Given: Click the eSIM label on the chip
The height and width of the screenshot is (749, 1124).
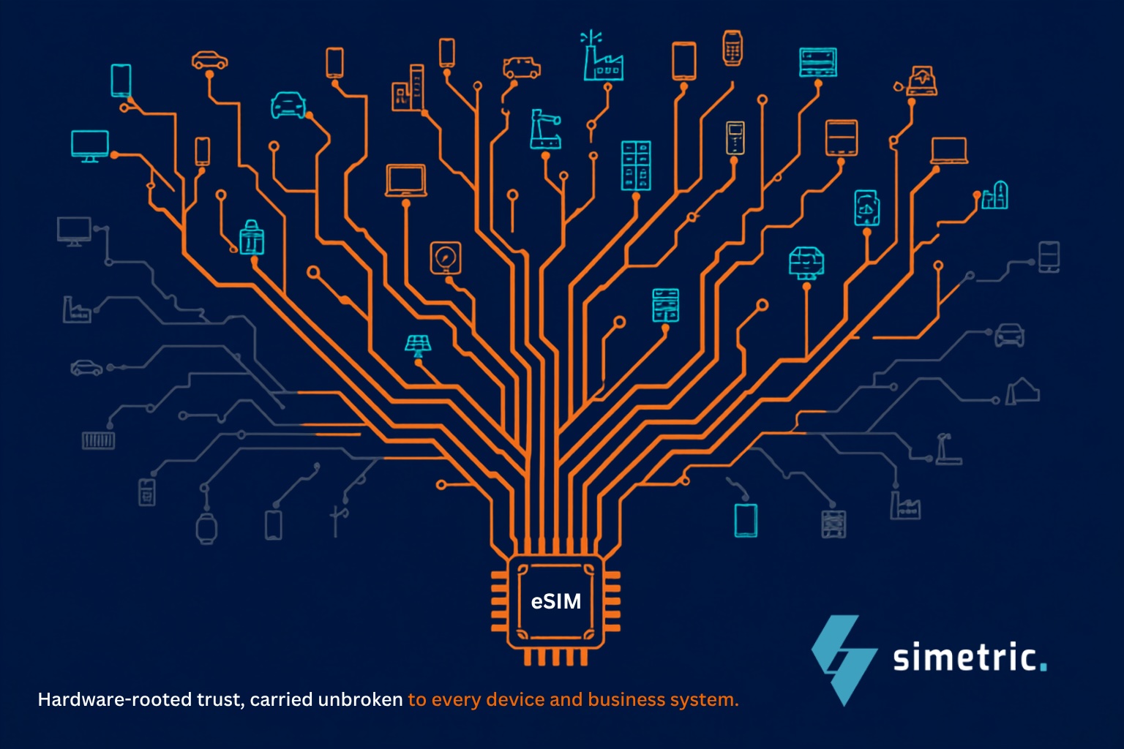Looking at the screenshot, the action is pos(556,601).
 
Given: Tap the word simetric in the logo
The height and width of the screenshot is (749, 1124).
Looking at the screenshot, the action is pos(964,656).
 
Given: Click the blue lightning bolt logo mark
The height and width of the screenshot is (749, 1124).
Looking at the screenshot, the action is pos(844,660).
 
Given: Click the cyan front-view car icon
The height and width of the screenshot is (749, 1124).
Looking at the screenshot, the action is pos(288,105).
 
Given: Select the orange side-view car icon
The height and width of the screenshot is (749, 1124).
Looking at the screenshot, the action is pos(210,60).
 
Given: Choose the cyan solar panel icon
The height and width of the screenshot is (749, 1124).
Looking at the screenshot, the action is pos(418,345).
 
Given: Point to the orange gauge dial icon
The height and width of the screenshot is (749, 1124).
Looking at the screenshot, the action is pos(446,258).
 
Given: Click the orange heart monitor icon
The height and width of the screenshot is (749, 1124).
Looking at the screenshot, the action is pos(921,80).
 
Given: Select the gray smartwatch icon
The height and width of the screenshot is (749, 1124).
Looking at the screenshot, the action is pos(206,528).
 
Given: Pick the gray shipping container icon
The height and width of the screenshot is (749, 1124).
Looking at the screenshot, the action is pos(98,440).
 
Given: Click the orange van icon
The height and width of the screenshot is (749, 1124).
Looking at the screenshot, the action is pos(522,68).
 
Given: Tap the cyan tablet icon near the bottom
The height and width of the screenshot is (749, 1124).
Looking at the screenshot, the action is pos(746,520).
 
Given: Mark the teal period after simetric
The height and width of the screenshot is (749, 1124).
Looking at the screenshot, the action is pos(1044,667).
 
